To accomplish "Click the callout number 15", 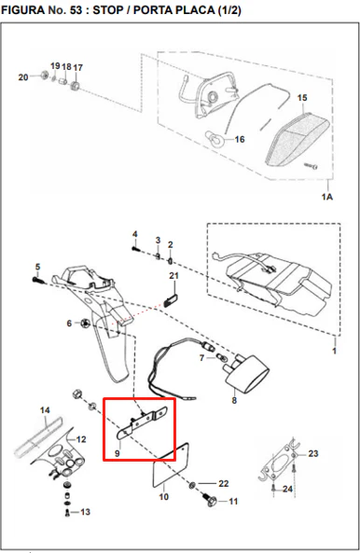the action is pyautogui.click(x=302, y=98).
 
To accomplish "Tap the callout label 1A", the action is pyautogui.click(x=327, y=197).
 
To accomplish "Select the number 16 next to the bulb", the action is pyautogui.click(x=240, y=140).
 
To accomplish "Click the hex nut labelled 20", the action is pyautogui.click(x=45, y=76).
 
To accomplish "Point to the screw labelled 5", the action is pyautogui.click(x=37, y=280).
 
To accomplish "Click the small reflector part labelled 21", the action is pyautogui.click(x=170, y=300).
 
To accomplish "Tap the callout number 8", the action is pyautogui.click(x=234, y=401).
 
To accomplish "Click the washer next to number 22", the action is pyautogui.click(x=191, y=486).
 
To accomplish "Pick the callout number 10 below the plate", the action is pyautogui.click(x=163, y=496).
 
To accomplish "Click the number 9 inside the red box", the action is pyautogui.click(x=118, y=453).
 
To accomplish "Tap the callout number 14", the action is pyautogui.click(x=45, y=410).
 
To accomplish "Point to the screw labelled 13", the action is pyautogui.click(x=68, y=513).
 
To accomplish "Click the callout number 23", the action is pyautogui.click(x=313, y=453).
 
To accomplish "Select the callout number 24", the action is pyautogui.click(x=287, y=489).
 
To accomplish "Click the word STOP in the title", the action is pyautogui.click(x=107, y=10).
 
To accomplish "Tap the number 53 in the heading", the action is pyautogui.click(x=76, y=10).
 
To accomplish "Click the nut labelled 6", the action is pyautogui.click(x=84, y=323).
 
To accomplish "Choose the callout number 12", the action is pyautogui.click(x=81, y=439).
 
